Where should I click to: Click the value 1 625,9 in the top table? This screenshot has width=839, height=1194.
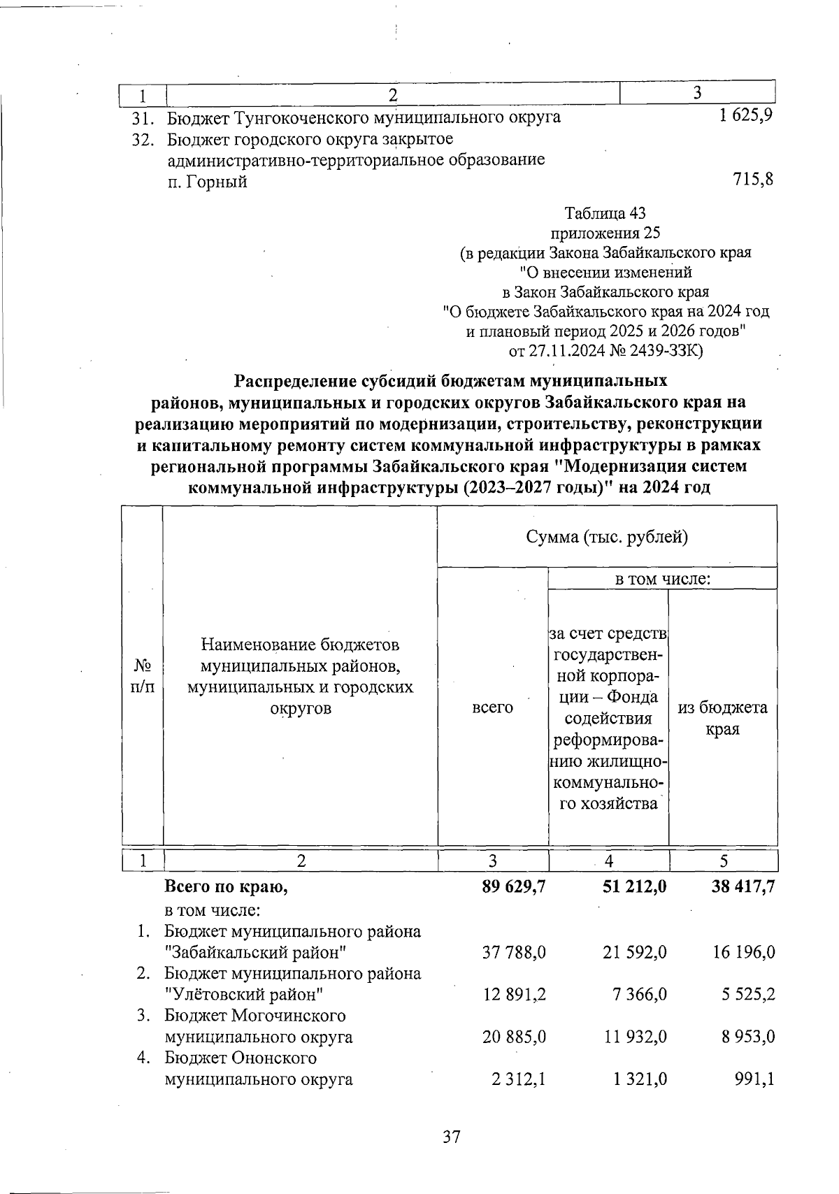click(x=745, y=116)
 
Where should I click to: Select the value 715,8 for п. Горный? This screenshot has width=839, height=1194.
click(x=753, y=180)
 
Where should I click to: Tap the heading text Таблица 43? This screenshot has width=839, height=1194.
click(x=605, y=213)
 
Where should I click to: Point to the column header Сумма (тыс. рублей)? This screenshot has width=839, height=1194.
click(x=607, y=537)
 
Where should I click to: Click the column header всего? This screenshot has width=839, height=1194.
click(x=492, y=707)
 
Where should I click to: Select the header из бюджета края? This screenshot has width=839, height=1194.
click(x=723, y=718)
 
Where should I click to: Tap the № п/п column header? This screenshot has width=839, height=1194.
click(x=143, y=675)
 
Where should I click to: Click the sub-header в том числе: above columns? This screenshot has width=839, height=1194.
click(x=662, y=579)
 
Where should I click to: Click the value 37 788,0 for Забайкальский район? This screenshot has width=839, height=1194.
click(x=514, y=952)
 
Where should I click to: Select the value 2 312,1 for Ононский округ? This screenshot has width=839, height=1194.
click(x=518, y=1079)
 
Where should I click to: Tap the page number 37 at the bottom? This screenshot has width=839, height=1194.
click(x=452, y=1137)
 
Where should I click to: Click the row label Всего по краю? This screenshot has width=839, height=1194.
click(x=226, y=887)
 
